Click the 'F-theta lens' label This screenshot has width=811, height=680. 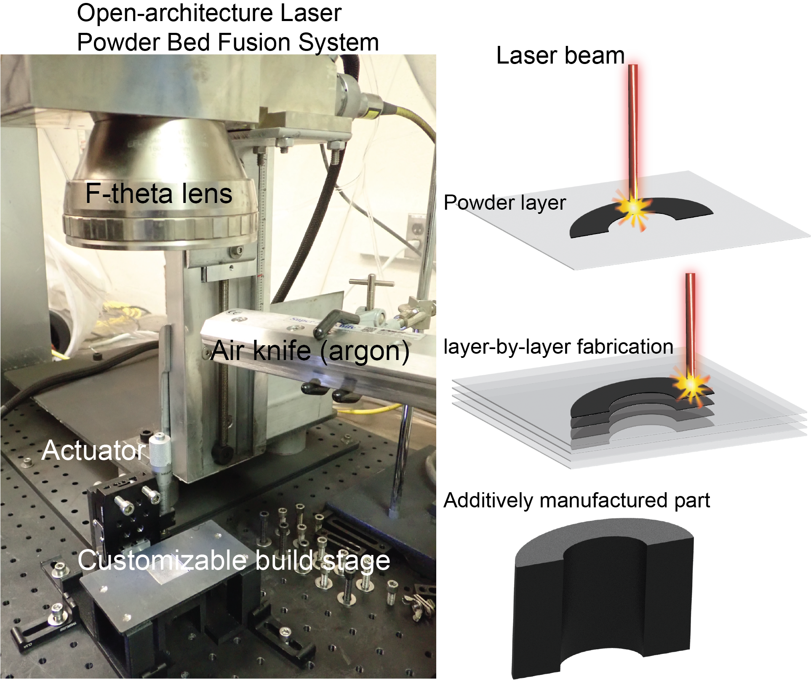tap(159, 194)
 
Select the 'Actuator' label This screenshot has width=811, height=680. tap(94, 451)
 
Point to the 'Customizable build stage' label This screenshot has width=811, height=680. tap(234, 561)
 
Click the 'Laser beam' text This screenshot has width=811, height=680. tap(560, 55)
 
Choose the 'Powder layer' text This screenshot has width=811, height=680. tap(505, 203)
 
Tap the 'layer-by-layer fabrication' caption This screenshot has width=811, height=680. tap(558, 347)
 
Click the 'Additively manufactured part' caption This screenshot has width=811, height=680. tap(577, 501)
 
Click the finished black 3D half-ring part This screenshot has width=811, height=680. tap(603, 598)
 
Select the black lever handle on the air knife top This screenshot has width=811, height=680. tap(332, 322)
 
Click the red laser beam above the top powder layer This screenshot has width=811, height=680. tap(632, 131)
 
